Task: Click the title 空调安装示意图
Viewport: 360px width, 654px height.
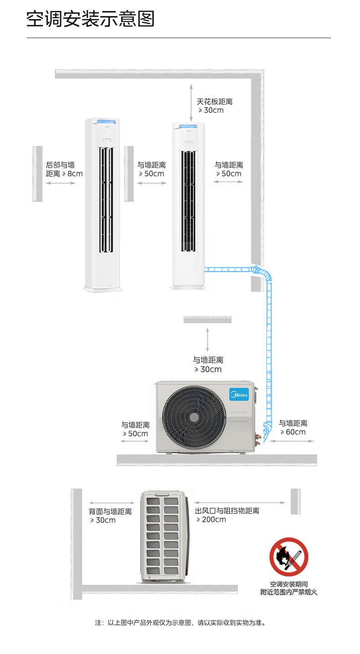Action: [x=90, y=19]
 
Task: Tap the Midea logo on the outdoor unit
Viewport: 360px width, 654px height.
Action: [x=239, y=394]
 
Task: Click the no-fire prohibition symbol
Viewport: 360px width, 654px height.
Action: [x=289, y=557]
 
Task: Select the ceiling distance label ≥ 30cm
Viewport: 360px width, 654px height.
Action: [x=215, y=106]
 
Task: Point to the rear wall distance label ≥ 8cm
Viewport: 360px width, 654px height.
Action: [x=64, y=170]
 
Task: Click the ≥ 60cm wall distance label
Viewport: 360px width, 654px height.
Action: [x=293, y=427]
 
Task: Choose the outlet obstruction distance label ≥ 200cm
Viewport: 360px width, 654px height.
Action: [x=227, y=515]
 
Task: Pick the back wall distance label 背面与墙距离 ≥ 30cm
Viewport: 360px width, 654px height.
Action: [x=110, y=515]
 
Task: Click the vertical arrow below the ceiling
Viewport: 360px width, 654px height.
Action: [x=191, y=103]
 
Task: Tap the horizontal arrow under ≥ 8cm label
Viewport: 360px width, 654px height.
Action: [x=61, y=183]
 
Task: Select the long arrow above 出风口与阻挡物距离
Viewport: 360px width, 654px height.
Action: [x=240, y=503]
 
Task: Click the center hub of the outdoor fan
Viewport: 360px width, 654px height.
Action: [x=194, y=417]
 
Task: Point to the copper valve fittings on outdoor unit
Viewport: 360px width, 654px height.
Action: [x=258, y=439]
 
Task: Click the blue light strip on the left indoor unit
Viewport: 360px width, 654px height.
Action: [x=103, y=121]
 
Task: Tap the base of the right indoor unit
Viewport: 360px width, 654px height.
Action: [x=188, y=287]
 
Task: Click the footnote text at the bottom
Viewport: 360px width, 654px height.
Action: [x=180, y=623]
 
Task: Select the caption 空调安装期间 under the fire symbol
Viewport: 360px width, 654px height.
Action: [x=289, y=584]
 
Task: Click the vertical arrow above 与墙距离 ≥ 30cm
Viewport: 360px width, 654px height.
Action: [x=207, y=340]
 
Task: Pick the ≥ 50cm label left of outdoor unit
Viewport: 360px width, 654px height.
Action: [x=135, y=429]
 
